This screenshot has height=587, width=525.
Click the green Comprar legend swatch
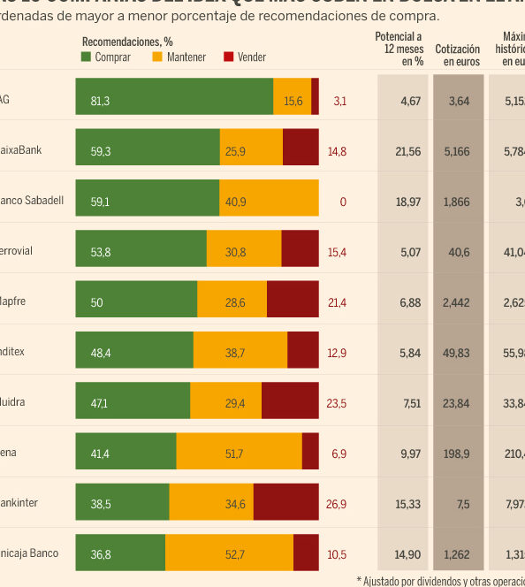click(x=87, y=57)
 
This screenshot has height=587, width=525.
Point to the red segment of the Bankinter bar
click(x=285, y=502)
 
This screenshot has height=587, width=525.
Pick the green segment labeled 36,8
click(x=120, y=553)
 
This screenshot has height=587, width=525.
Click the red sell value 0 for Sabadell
click(x=343, y=202)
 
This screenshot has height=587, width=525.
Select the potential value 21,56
click(x=407, y=151)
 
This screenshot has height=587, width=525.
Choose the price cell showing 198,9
click(x=458, y=453)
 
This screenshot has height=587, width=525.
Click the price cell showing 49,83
click(x=458, y=352)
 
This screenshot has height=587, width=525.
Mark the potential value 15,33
click(x=407, y=503)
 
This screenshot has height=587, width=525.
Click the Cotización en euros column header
click(x=458, y=56)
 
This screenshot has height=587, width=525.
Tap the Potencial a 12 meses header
click(x=399, y=49)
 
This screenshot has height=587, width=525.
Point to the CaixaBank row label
click(x=21, y=149)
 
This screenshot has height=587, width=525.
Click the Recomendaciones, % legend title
click(x=127, y=41)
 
